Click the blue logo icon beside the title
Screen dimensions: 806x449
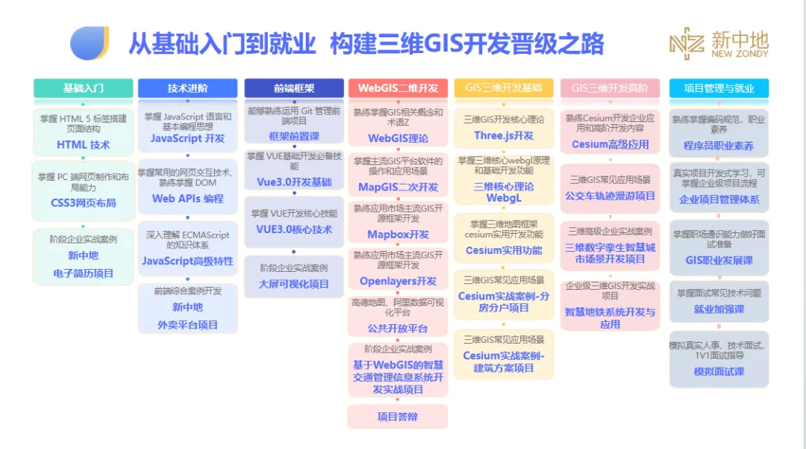pos(90,43)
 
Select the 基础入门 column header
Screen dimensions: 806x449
pos(84,88)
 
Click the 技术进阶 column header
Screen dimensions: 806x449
pos(188,88)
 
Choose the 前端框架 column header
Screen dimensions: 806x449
pos(294,88)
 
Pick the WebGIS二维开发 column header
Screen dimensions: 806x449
pos(398,88)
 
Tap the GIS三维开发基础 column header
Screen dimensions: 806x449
pos(504,88)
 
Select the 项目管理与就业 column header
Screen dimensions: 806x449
pos(719,88)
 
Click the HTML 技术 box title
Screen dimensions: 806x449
pos(84,145)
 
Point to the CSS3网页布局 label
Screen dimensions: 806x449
pos(84,202)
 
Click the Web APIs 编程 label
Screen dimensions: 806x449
pos(188,198)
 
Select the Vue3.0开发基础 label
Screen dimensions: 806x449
pos(294,182)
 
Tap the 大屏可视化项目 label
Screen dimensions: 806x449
pos(294,284)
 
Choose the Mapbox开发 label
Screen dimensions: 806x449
pos(398,235)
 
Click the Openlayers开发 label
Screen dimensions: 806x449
pos(398,281)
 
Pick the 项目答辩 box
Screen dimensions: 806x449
pos(398,417)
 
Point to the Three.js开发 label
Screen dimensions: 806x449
pos(504,135)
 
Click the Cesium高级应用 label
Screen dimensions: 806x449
pos(610,144)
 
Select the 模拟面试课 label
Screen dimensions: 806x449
pos(719,371)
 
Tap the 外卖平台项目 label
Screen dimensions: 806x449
pos(188,325)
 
